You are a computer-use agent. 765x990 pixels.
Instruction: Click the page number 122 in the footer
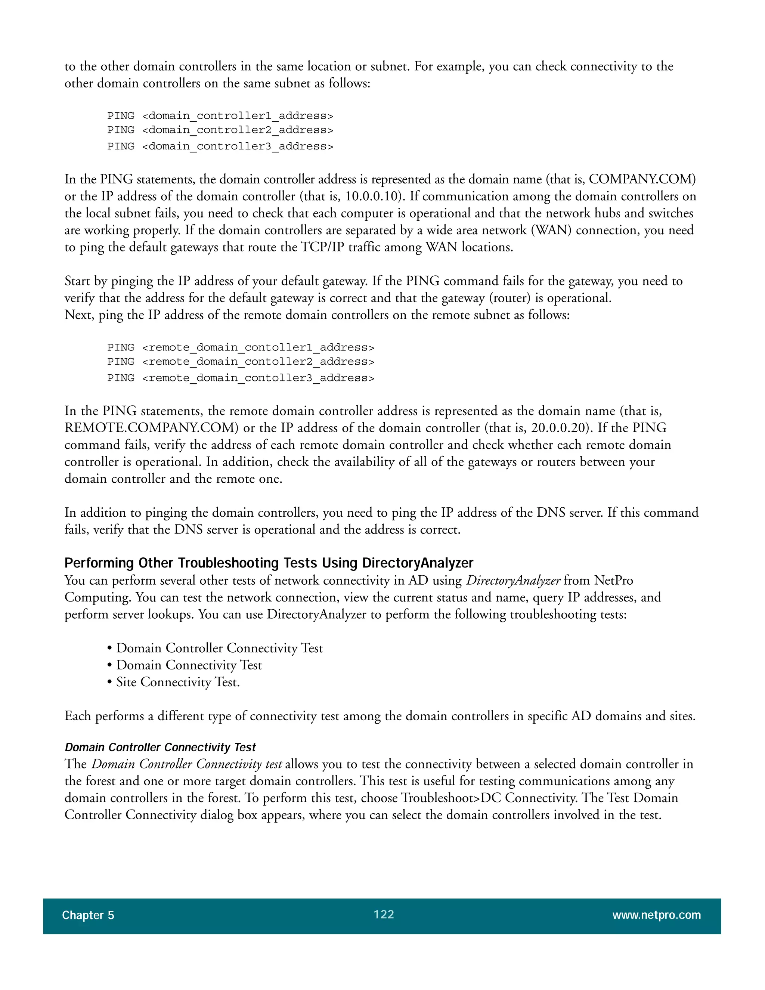pos(383,914)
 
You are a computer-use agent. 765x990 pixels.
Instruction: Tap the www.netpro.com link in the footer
pos(656,915)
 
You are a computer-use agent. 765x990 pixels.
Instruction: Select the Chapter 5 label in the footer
pos(88,915)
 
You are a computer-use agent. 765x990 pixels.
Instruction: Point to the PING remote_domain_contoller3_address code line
pos(241,378)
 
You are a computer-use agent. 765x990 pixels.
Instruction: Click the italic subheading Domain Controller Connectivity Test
pos(160,747)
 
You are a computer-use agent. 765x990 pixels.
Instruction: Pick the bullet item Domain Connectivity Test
pos(189,665)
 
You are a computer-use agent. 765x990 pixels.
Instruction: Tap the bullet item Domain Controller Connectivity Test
pos(219,648)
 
